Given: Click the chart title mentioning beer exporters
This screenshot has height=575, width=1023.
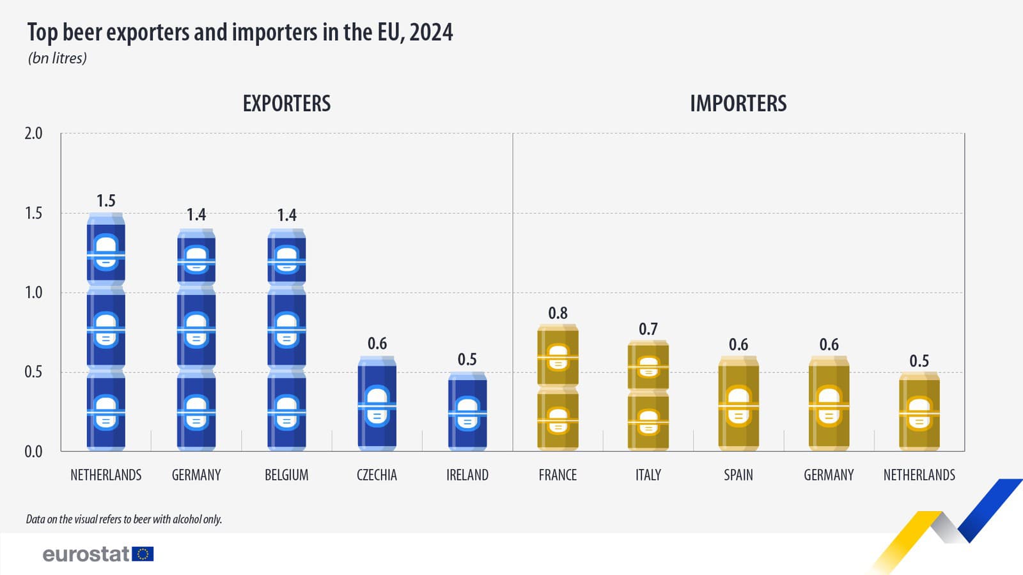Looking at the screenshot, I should click(x=240, y=32).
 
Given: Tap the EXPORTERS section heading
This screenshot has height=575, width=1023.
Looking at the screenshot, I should click(x=286, y=103).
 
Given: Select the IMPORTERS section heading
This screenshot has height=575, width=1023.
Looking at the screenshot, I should click(x=738, y=103).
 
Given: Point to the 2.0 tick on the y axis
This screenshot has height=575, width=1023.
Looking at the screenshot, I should click(x=33, y=134).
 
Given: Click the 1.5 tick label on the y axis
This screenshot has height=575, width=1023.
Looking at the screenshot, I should click(x=33, y=213).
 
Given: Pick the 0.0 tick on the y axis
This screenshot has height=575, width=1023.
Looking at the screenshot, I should click(x=33, y=452).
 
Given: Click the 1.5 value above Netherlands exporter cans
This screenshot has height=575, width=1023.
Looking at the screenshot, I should click(x=106, y=201).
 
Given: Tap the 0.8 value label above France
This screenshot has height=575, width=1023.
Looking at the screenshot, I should click(x=558, y=313).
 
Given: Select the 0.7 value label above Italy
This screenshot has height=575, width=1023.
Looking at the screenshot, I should click(x=648, y=329).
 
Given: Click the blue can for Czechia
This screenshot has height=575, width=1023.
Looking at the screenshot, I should click(x=377, y=404).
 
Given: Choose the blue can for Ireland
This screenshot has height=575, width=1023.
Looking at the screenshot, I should click(x=467, y=412).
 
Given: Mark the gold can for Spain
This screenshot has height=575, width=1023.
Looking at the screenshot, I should click(x=738, y=404).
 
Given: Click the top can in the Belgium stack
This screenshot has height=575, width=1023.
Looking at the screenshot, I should click(x=286, y=257).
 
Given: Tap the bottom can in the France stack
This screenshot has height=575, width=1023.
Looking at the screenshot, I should click(x=558, y=419).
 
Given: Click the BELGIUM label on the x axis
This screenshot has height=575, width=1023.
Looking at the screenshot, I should click(x=286, y=475).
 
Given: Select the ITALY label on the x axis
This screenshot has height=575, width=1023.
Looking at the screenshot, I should click(x=648, y=475).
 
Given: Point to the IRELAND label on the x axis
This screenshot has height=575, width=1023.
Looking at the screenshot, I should click(x=467, y=475).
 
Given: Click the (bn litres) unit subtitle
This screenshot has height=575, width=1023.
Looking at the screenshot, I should click(x=58, y=58).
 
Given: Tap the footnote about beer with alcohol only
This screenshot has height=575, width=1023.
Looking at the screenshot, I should click(x=124, y=519).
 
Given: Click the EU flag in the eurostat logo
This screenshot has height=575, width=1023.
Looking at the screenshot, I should click(x=143, y=554).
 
